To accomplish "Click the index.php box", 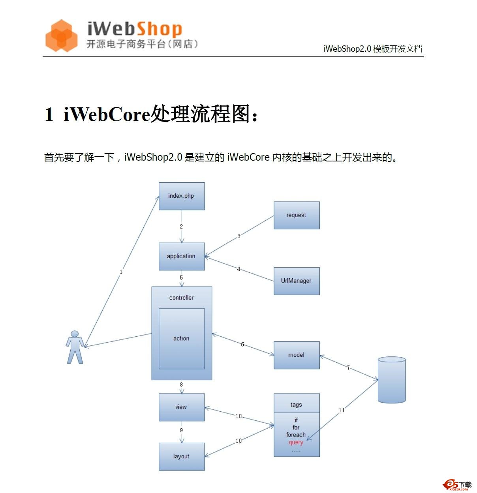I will (182, 196).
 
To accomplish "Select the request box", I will (297, 215).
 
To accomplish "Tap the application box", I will (182, 256).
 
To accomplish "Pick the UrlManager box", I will (297, 281).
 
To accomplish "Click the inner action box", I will (182, 339).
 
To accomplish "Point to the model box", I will (297, 355).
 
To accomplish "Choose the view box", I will (182, 407).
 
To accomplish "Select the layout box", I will (182, 456).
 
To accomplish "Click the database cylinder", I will (392, 380).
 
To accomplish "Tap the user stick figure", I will (75, 347).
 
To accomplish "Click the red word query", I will (296, 442).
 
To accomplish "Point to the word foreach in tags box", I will (296, 435).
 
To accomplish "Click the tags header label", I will (296, 405).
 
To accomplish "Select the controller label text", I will (182, 298).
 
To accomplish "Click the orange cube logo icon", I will (61, 36).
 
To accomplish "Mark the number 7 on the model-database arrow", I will (348, 367).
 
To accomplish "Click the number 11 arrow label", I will (342, 410).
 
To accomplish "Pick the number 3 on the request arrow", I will (239, 236).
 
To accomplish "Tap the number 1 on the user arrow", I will (121, 272).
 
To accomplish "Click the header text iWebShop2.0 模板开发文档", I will (373, 49).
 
